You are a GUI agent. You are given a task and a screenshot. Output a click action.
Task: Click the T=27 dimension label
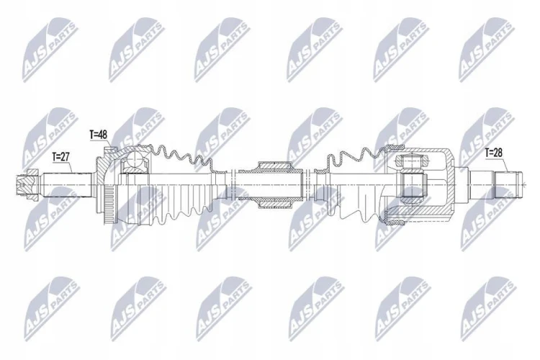click(61, 157)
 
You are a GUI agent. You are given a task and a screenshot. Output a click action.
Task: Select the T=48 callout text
click(99, 135)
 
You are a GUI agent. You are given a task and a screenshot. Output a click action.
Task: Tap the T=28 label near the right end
click(493, 153)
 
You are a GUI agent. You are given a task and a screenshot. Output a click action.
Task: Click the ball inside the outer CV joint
click(135, 161)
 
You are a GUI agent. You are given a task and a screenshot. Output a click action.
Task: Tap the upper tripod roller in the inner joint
click(413, 161)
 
